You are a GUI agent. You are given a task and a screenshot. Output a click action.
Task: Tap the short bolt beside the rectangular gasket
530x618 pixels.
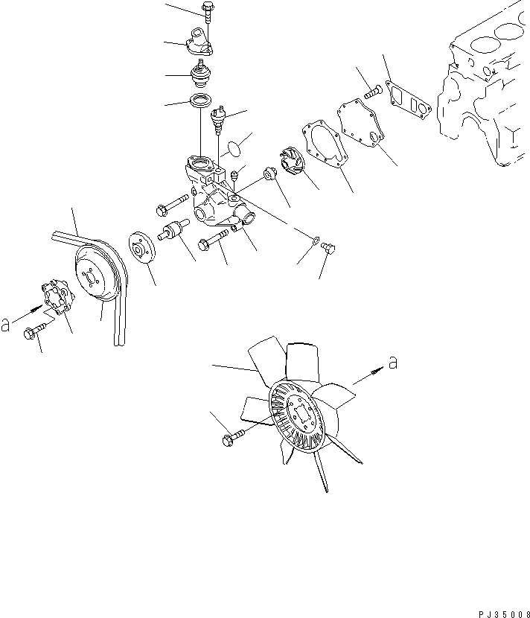click(x=374, y=92)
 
